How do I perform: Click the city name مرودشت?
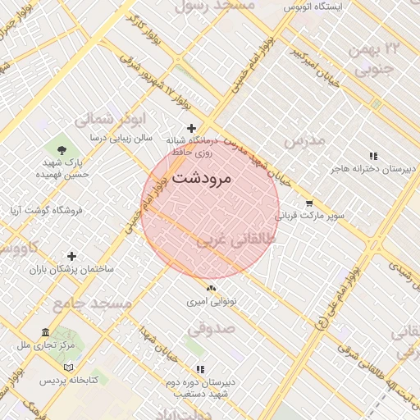pyautogui.click(x=202, y=177)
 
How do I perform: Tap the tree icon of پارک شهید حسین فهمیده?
pyautogui.click(x=62, y=148)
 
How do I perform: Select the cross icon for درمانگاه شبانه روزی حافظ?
pyautogui.click(x=191, y=128)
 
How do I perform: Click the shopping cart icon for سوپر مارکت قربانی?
pyautogui.click(x=308, y=203)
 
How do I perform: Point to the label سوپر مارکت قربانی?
pyautogui.click(x=308, y=217)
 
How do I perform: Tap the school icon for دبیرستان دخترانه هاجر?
pyautogui.click(x=373, y=155)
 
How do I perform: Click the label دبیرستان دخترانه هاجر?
pyautogui.click(x=373, y=169)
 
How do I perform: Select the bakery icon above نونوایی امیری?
pyautogui.click(x=211, y=288)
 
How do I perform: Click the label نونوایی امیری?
pyautogui.click(x=211, y=301)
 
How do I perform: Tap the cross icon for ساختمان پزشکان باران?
pyautogui.click(x=72, y=256)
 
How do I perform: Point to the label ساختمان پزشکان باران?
pyautogui.click(x=72, y=269)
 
